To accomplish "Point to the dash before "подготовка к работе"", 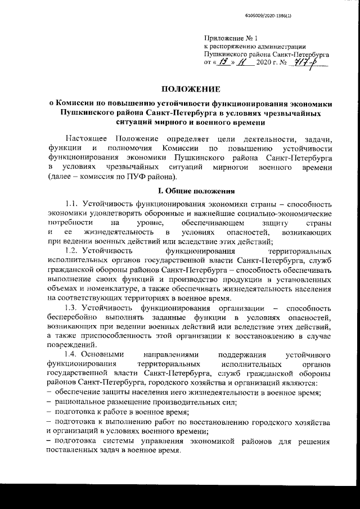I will coord(51,412).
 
